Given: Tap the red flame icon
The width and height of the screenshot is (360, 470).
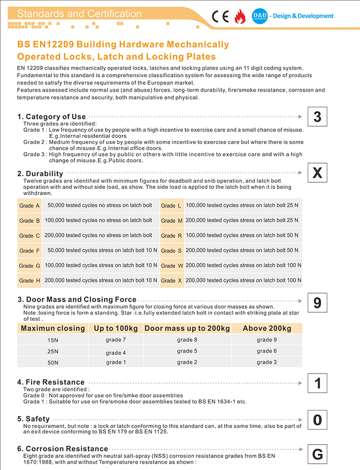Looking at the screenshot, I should click(x=239, y=17).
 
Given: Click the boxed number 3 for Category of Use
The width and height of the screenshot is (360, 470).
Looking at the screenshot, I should click(x=317, y=117).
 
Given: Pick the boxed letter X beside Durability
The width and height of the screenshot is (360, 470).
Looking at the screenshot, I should click(x=317, y=173).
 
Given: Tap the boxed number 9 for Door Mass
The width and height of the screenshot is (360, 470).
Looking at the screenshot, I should click(x=317, y=303).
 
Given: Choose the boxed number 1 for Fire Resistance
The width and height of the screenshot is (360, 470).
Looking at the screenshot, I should click(x=317, y=383).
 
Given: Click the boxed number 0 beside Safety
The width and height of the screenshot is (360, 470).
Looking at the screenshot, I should click(x=317, y=420).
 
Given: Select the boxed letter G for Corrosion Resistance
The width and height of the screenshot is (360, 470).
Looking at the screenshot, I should click(x=317, y=454).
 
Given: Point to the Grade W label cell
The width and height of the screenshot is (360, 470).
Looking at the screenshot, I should click(x=172, y=266).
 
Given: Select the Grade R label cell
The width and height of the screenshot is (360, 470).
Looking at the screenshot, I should click(x=172, y=235).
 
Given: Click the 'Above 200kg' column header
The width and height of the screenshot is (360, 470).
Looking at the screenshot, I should click(x=267, y=329).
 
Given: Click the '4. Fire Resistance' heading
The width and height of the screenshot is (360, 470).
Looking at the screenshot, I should click(x=51, y=382).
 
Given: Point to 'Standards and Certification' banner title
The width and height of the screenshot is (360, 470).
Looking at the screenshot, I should click(x=79, y=14).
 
